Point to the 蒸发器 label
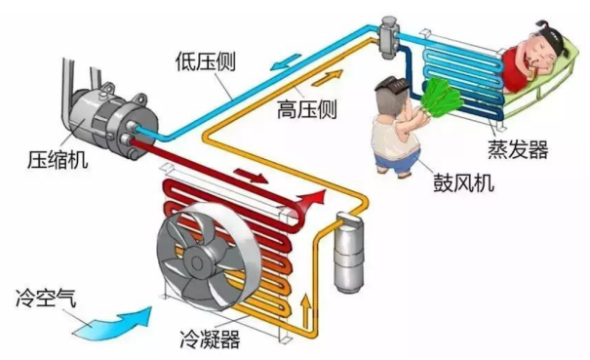(517, 149)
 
